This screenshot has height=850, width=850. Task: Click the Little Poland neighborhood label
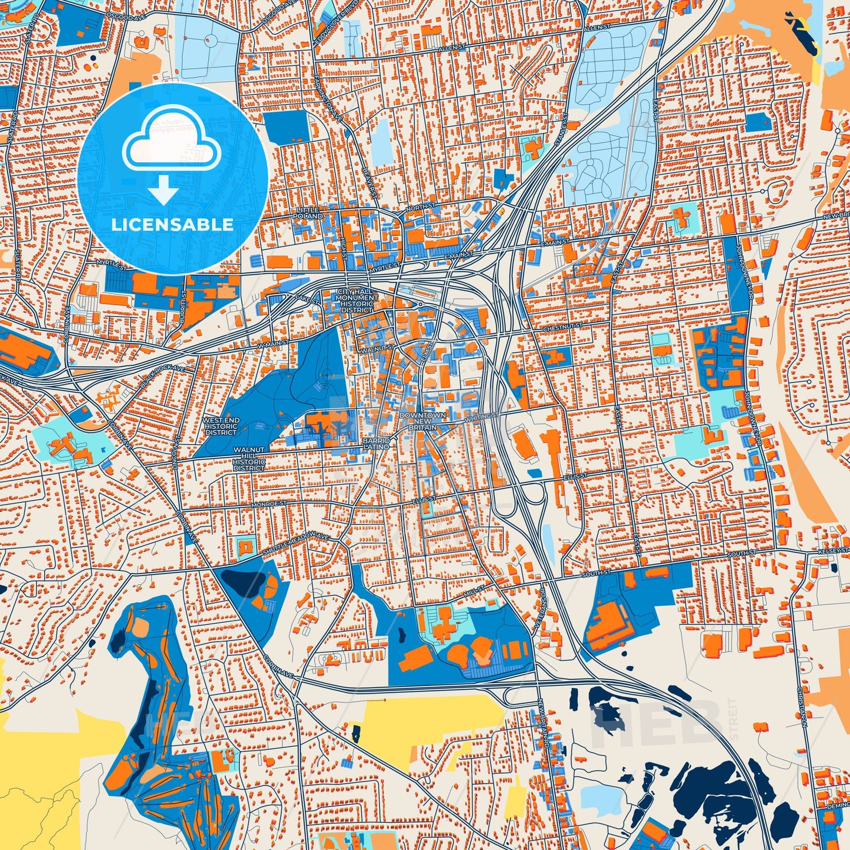(308, 213)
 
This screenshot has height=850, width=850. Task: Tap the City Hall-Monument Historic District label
(356, 301)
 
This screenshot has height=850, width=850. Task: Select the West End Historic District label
(221, 426)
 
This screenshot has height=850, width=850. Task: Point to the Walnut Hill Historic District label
(249, 459)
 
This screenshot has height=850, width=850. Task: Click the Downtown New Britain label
(422, 421)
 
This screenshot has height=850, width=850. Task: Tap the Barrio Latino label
(376, 444)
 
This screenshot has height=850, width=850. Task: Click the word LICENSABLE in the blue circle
(172, 225)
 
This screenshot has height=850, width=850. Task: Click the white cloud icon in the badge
(171, 139)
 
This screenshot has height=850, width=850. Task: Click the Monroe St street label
(269, 504)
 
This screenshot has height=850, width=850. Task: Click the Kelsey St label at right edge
(835, 551)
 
